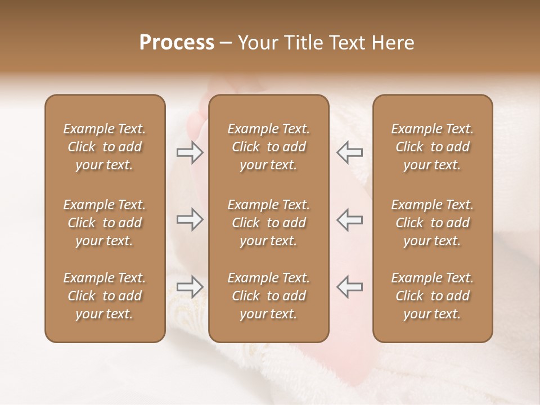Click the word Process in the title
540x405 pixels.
tap(177, 43)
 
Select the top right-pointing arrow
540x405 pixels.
tap(190, 152)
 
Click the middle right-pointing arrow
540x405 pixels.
tap(190, 219)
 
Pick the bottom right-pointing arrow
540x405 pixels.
tap(190, 287)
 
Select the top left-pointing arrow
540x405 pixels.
tap(349, 152)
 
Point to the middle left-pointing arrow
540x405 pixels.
tap(349, 219)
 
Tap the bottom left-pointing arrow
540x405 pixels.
tap(349, 287)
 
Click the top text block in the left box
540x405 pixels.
tap(105, 147)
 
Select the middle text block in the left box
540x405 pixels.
tap(105, 223)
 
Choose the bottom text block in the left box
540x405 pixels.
tap(105, 296)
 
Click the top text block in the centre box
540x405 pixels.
tap(268, 147)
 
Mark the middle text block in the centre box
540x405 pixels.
tap(268, 223)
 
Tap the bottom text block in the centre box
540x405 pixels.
tap(268, 296)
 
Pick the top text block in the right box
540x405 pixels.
tap(433, 147)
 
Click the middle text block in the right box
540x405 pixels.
tap(433, 223)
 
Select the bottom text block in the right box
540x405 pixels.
tap(433, 296)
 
